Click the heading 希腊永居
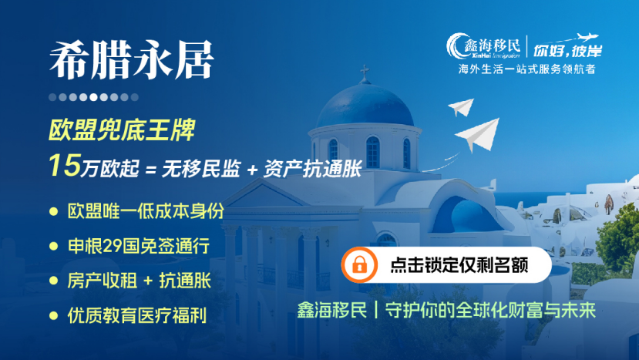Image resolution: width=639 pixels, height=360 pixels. point(131,60)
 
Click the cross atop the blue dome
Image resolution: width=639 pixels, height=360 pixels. point(365,73)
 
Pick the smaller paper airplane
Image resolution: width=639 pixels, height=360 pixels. point(460,106)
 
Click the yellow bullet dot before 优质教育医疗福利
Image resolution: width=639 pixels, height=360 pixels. point(53,315)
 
